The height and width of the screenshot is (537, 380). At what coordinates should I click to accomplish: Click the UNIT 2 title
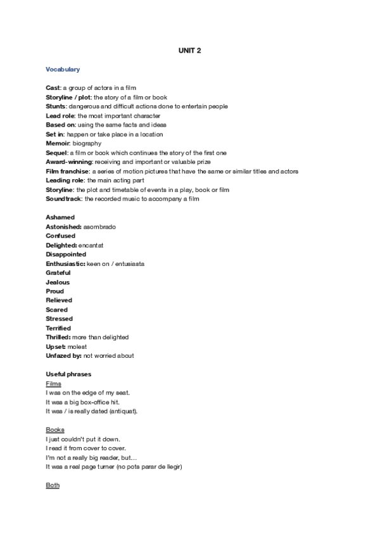[x=189, y=51]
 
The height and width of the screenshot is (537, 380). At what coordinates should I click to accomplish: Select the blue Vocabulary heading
[x=63, y=69]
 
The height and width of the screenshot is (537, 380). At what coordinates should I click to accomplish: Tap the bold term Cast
[x=53, y=88]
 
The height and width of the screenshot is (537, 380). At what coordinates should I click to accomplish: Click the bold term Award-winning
[x=69, y=162]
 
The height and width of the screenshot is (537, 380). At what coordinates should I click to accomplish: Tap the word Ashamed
[x=60, y=217]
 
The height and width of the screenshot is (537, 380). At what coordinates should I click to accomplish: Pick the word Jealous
[x=58, y=282]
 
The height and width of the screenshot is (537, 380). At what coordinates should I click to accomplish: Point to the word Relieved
[x=59, y=300]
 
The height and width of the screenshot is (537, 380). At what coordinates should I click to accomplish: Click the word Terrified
[x=58, y=328]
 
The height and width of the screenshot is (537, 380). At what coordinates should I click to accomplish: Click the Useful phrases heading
[x=68, y=374]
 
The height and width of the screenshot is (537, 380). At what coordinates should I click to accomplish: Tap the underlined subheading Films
[x=53, y=384]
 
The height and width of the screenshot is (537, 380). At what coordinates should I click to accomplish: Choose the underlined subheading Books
[x=55, y=430]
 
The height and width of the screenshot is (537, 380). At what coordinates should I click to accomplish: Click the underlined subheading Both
[x=53, y=485]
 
